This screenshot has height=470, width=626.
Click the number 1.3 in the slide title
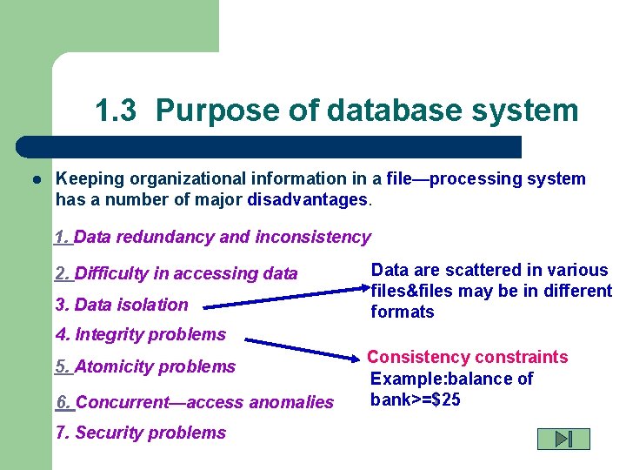pyautogui.click(x=116, y=111)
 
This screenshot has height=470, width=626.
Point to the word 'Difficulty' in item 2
pyautogui.click(x=112, y=273)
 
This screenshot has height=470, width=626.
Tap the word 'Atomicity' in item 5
pyautogui.click(x=112, y=366)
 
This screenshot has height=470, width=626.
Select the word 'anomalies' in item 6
pyautogui.click(x=291, y=402)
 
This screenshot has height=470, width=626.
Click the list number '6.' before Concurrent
pyautogui.click(x=64, y=402)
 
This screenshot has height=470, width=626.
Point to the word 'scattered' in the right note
pyautogui.click(x=476, y=270)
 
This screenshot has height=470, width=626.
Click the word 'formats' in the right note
pyautogui.click(x=403, y=312)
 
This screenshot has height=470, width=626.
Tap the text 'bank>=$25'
pyautogui.click(x=416, y=399)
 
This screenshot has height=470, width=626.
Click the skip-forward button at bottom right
pyautogui.click(x=563, y=439)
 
